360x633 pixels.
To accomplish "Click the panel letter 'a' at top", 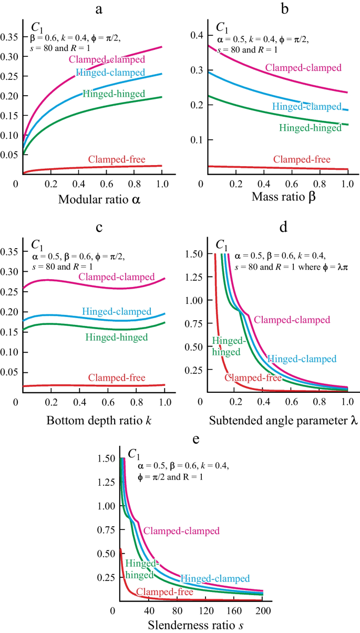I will [x=98, y=9].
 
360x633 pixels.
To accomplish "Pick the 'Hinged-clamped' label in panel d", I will [x=301, y=359].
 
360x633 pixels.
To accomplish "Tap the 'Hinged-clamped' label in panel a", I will [x=105, y=73].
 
